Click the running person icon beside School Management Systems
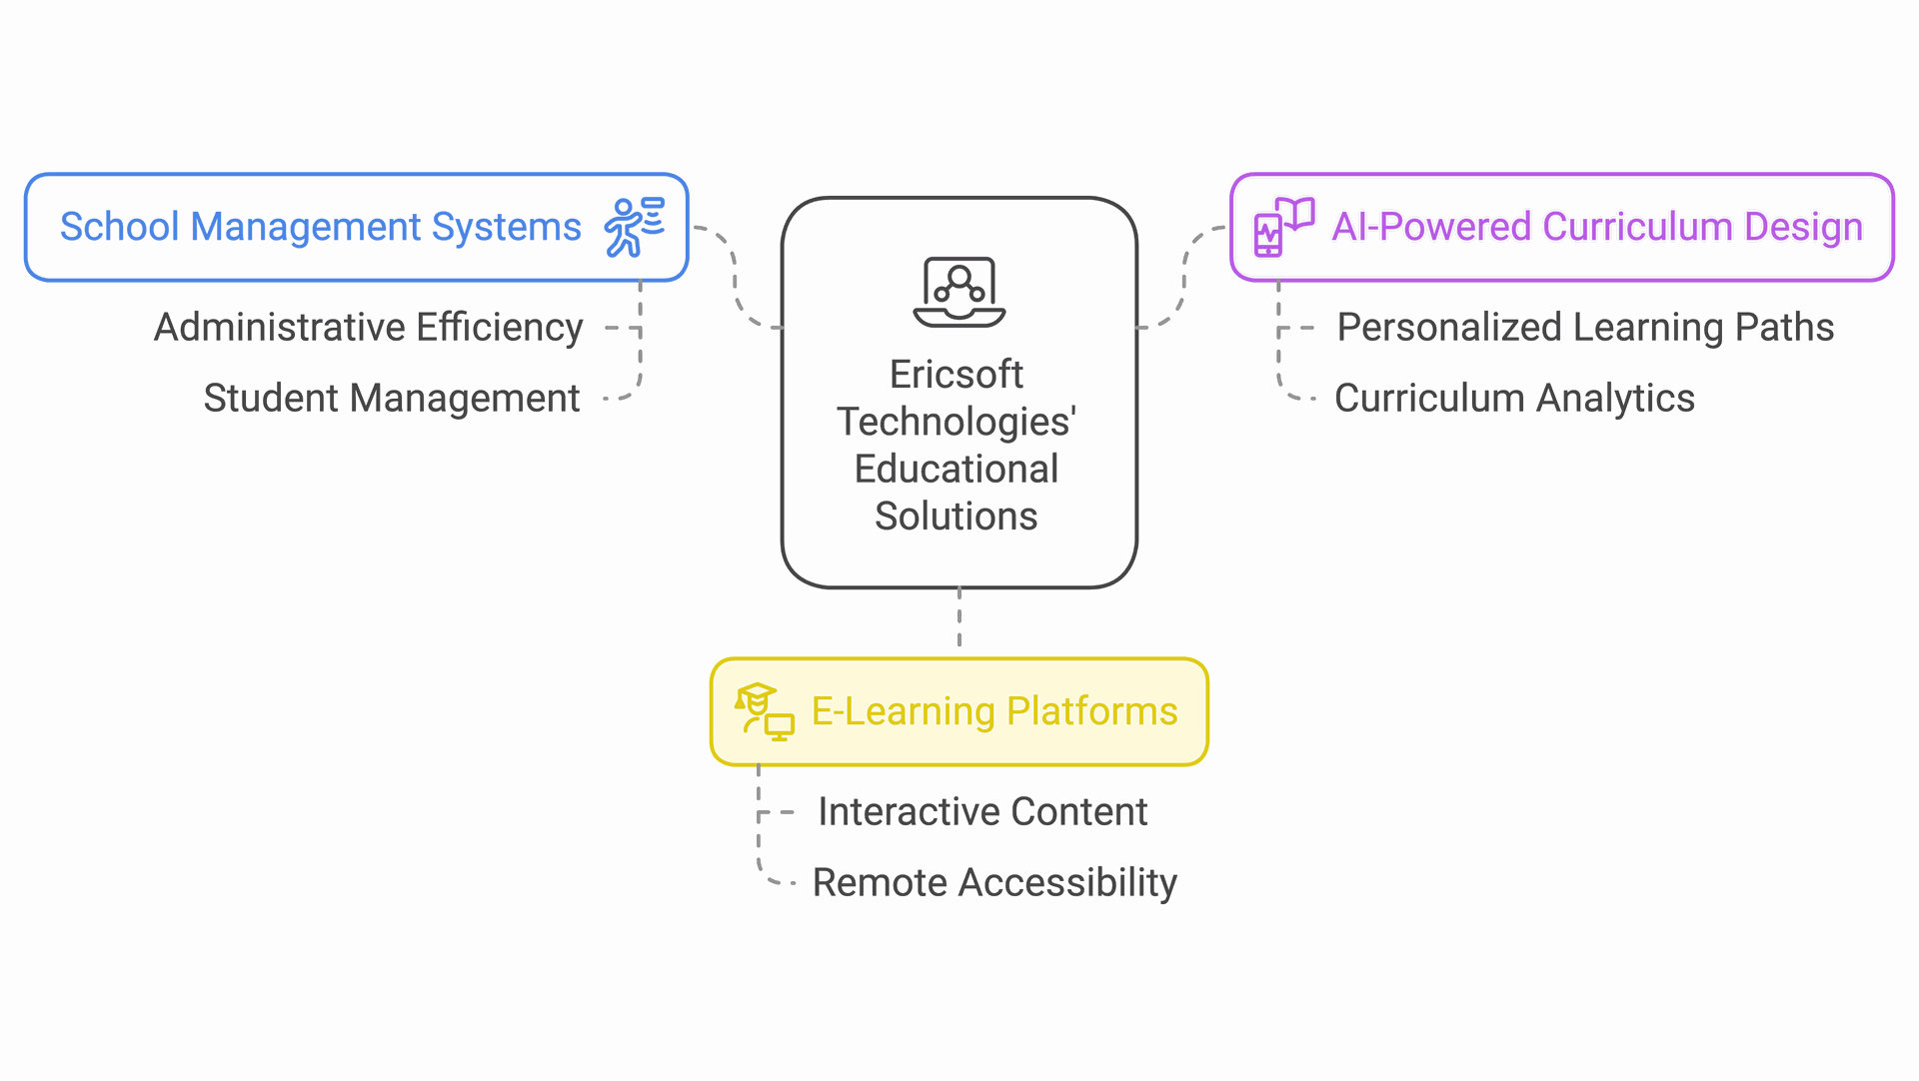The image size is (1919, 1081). point(634,228)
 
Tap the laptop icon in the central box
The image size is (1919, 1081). point(959,292)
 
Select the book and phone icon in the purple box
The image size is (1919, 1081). point(1283,228)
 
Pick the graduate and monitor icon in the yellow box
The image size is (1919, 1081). point(765,711)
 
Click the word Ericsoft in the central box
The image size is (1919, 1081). point(957,375)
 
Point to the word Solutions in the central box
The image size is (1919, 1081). point(957,517)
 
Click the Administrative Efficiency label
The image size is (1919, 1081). point(368,328)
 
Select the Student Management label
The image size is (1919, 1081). point(391,399)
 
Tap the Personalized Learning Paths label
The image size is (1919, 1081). point(1585,328)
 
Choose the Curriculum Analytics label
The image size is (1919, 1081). point(1514,399)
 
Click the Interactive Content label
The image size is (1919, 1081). point(982,812)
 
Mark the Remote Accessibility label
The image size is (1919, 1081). point(994,883)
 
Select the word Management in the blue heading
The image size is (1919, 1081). point(306,227)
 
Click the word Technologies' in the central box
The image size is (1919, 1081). point(957,422)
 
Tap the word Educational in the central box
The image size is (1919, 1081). point(957,470)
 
